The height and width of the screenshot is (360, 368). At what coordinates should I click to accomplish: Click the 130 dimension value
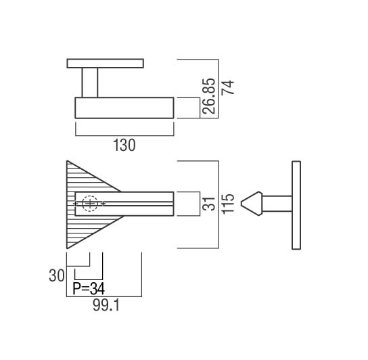[x=124, y=145]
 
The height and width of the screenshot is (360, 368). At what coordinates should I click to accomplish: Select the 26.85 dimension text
[x=208, y=96]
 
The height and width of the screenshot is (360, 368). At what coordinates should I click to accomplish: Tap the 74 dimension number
[x=228, y=87]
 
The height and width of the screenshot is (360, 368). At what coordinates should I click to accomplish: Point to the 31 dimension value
[x=208, y=204]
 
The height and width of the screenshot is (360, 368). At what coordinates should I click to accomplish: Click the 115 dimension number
[x=228, y=204]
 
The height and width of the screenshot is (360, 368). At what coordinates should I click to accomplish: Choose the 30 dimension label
[x=57, y=275]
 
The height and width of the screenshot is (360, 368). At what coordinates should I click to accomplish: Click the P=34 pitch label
[x=89, y=289]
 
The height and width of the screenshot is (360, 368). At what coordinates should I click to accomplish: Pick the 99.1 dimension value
[x=106, y=305]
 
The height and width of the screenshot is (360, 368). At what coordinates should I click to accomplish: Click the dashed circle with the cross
[x=90, y=204]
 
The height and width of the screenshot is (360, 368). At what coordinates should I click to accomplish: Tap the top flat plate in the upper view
[x=105, y=64]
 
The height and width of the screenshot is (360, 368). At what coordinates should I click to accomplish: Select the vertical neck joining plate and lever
[x=90, y=83]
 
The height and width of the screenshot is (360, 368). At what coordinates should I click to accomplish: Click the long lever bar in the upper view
[x=124, y=108]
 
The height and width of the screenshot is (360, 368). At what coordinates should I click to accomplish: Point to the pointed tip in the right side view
[x=241, y=204]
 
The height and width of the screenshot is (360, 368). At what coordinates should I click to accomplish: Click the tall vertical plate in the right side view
[x=296, y=205]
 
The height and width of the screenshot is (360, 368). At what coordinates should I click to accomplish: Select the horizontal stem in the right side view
[x=277, y=204]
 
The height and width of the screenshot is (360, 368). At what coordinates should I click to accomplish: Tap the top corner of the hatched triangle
[x=67, y=161]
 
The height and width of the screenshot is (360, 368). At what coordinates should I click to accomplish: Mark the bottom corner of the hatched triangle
[x=67, y=248]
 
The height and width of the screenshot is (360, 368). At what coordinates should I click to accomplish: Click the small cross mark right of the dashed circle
[x=103, y=204]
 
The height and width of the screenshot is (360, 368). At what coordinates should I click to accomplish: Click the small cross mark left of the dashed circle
[x=75, y=204]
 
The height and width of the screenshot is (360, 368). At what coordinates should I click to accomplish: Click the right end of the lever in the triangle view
[x=174, y=204]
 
